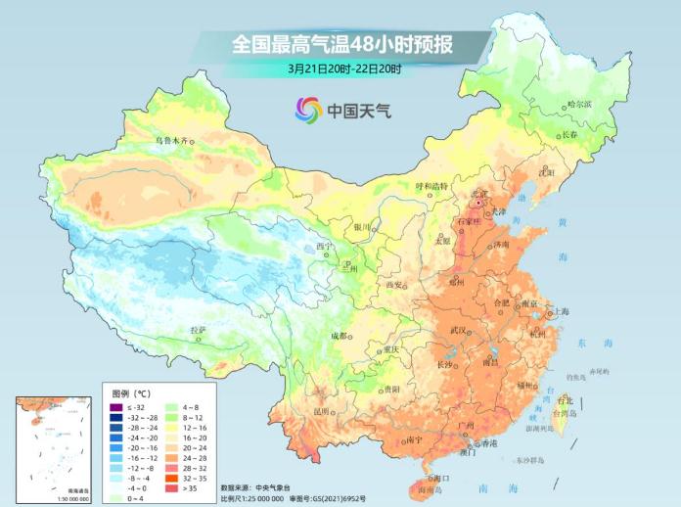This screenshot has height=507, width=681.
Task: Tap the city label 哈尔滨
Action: click(580, 104)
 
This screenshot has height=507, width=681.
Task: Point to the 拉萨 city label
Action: click(199, 330)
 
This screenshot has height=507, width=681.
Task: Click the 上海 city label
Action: click(560, 312)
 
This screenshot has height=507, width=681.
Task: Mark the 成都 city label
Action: click(339, 336)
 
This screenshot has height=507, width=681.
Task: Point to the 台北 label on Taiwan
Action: click(565, 400)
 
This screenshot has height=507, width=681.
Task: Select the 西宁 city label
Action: click(324, 246)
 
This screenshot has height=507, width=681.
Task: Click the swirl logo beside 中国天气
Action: click(308, 110)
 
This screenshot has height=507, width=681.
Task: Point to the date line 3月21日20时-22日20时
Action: click(345, 69)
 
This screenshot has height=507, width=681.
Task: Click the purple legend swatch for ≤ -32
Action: click(114, 407)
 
